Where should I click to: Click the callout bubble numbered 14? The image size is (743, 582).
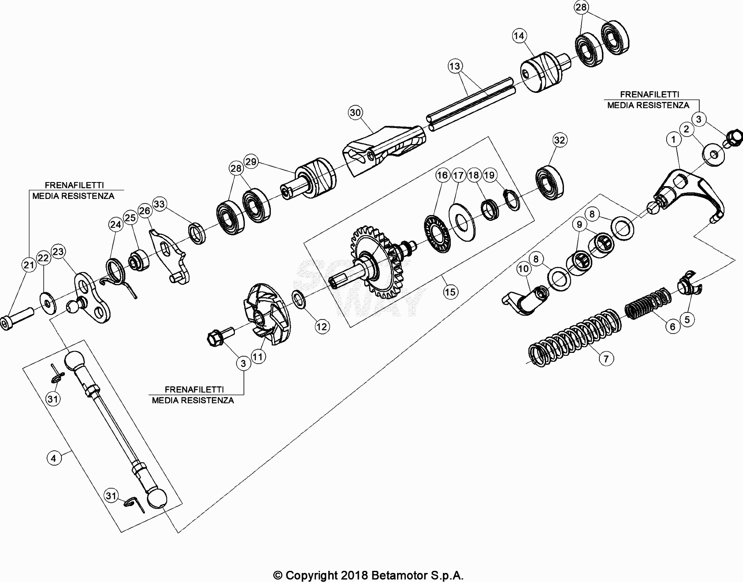coord(519,36)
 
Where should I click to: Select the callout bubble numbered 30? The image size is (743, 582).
coord(355,112)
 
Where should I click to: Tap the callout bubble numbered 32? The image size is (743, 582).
coord(559,140)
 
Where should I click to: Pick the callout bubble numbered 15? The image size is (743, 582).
coord(450,292)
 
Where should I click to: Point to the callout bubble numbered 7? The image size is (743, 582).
coord(606,359)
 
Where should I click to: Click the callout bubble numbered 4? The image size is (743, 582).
coord(54,458)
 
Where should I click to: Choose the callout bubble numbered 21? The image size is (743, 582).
coord(29,265)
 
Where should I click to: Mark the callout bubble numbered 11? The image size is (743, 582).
coord(258,357)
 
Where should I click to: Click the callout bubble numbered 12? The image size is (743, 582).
coord(322,327)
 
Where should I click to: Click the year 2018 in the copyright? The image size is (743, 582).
coord(354,575)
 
